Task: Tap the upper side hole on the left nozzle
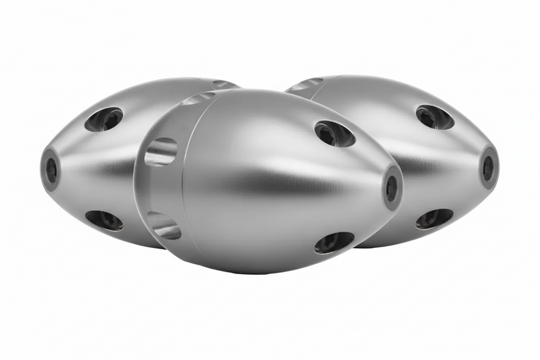104,120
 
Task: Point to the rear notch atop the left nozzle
223,84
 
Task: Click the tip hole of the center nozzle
391,188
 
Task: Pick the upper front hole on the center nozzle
334,133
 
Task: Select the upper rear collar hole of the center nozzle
161,151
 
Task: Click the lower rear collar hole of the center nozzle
165,225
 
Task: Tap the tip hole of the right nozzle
488,168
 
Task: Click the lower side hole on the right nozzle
434,218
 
